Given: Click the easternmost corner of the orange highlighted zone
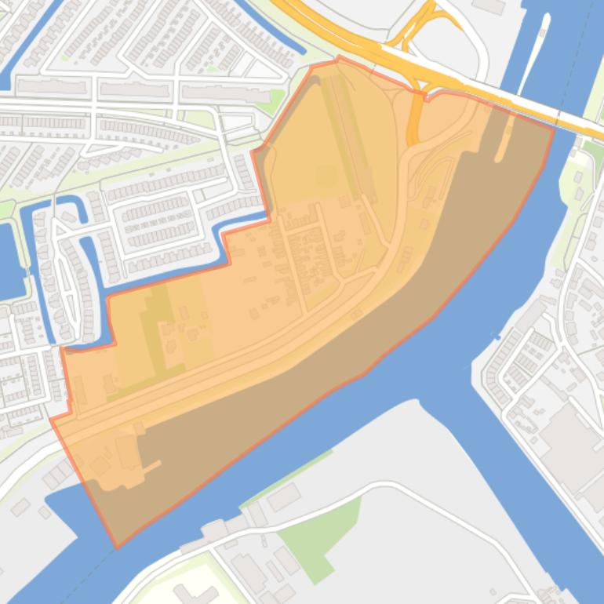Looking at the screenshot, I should (554, 128).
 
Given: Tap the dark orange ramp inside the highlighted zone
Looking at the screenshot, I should (413, 126).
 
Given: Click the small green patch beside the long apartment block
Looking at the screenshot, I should (275, 99).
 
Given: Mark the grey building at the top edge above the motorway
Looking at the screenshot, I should (489, 5).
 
